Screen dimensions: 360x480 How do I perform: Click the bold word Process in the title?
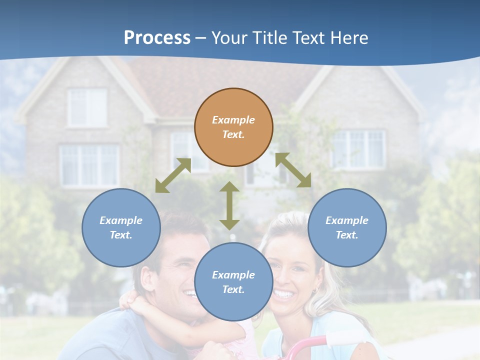pos(157,38)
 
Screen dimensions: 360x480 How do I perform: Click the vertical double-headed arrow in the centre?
pos(229,205)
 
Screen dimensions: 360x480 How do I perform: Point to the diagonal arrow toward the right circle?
pos(293,170)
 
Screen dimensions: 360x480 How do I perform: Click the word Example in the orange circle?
pos(233,120)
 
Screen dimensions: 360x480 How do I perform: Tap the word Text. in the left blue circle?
pos(121,235)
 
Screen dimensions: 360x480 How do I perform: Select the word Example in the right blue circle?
pos(347,220)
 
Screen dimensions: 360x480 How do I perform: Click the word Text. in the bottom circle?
pos(233,289)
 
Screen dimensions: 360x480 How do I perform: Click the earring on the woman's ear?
pos(315,290)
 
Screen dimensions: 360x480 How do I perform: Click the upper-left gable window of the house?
pos(87,107)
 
